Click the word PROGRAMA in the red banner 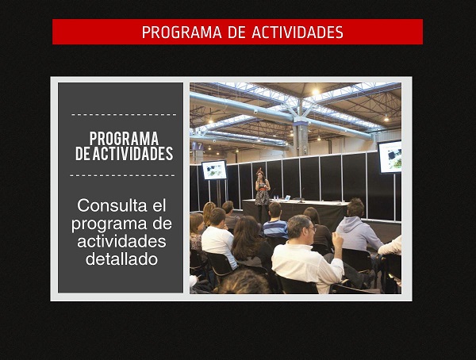point(182,33)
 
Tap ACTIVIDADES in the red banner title point(297,33)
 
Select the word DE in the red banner point(236,33)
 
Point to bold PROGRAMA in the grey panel point(124,139)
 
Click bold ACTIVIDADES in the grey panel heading point(132,153)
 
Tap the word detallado point(121,259)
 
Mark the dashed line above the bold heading point(124,115)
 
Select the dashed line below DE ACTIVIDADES point(122,175)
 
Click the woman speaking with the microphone point(262,193)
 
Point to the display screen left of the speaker point(214,170)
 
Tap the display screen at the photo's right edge point(390,156)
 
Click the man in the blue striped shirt point(275,221)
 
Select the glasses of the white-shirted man point(312,228)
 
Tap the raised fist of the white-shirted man point(337,238)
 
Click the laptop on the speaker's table point(286,198)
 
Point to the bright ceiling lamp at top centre point(316,91)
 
